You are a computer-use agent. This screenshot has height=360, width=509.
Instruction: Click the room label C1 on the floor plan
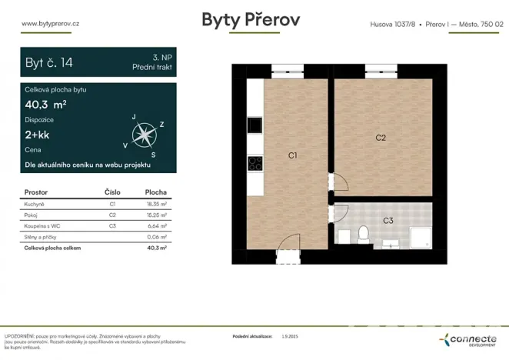(x=293, y=156)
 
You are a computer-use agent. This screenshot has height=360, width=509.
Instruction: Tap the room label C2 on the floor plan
(x=380, y=138)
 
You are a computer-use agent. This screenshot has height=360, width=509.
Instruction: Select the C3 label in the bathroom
(x=388, y=221)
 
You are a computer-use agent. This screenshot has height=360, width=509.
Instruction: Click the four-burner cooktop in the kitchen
(x=255, y=163)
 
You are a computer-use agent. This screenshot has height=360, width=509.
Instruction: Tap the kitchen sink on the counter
(x=254, y=125)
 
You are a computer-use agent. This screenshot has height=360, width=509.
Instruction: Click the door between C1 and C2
(x=337, y=182)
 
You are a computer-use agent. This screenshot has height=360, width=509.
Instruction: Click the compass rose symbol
(x=142, y=136)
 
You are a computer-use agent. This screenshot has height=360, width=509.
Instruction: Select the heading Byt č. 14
(x=50, y=62)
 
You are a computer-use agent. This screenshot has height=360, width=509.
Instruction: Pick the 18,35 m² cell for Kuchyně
(x=156, y=205)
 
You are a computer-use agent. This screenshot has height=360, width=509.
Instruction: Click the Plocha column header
(x=156, y=192)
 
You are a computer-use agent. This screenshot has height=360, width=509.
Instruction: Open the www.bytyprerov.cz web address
(x=51, y=23)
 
